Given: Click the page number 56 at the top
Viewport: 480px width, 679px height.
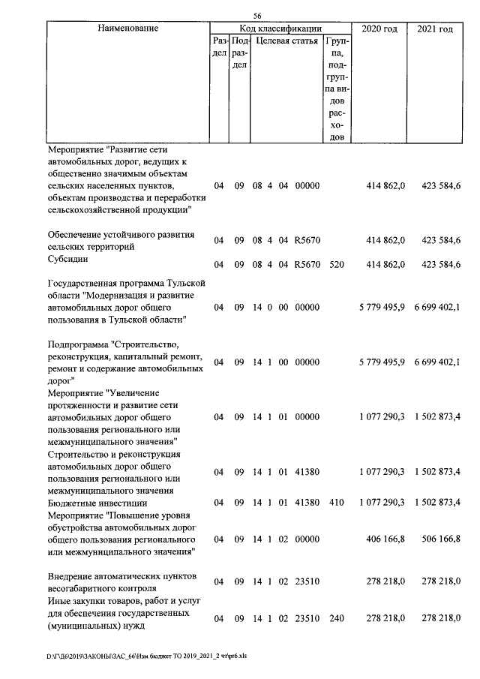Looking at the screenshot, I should pyautogui.click(x=257, y=16).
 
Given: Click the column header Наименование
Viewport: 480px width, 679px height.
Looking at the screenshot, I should pyautogui.click(x=127, y=29).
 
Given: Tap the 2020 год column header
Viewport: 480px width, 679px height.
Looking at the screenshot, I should pyautogui.click(x=379, y=29).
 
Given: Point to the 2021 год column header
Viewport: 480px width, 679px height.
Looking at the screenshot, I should pyautogui.click(x=435, y=29).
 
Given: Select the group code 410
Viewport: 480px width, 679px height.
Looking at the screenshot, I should pyautogui.click(x=337, y=502).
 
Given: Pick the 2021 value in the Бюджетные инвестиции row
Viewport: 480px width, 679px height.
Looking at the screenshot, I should pyautogui.click(x=436, y=502).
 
